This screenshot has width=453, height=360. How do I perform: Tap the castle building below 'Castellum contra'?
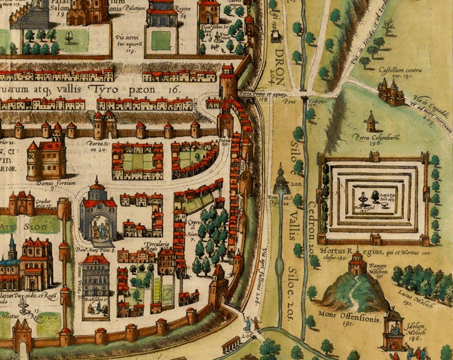[x=391, y=93]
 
